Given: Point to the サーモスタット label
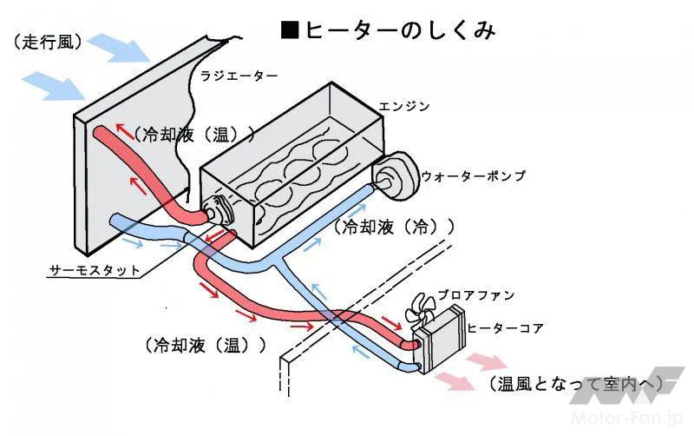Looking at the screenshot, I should pos(94,270).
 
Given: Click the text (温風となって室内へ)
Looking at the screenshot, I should pos(576,383).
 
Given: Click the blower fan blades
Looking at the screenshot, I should pos(428,306).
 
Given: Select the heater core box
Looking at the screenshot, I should pos(439,343).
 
